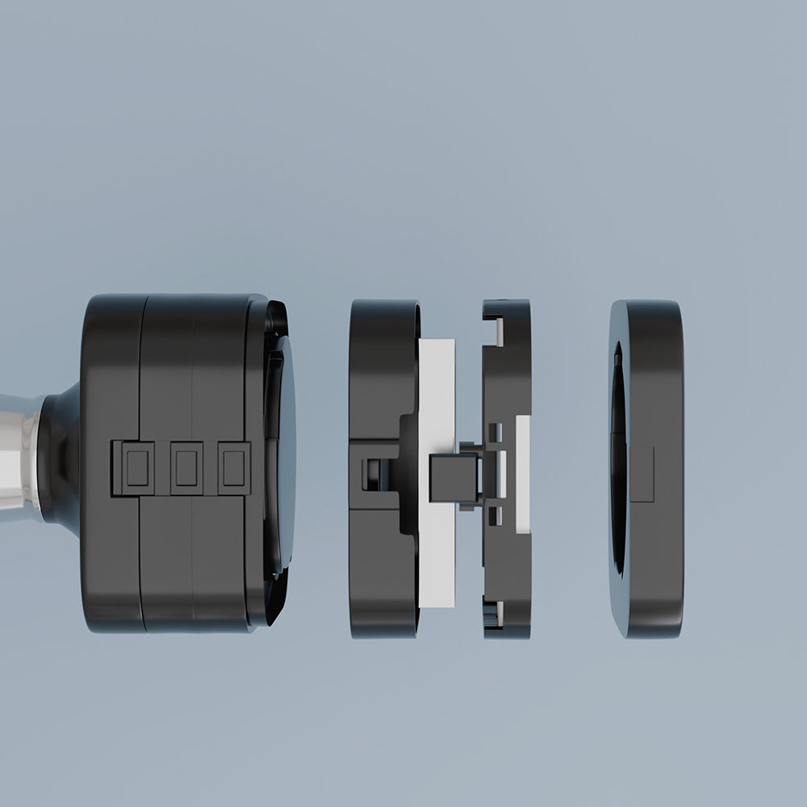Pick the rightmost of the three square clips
(234, 468)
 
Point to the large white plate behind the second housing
(437, 387)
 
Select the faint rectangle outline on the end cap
(642, 475)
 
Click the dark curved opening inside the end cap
(617, 460)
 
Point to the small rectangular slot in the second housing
(371, 473)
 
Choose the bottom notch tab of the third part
(494, 617)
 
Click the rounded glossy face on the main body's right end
(284, 452)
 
